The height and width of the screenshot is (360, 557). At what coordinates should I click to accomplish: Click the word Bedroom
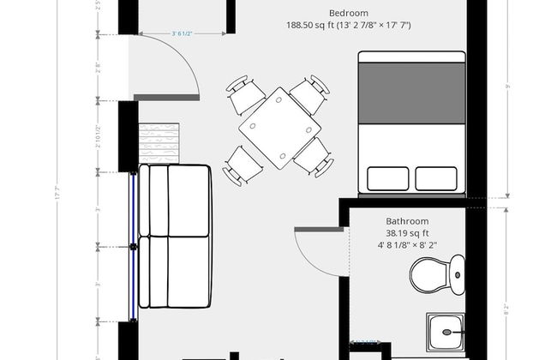tap(348, 13)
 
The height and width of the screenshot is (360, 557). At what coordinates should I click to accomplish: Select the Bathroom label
tap(406, 220)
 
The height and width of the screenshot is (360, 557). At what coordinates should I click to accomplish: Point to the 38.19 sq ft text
tap(406, 232)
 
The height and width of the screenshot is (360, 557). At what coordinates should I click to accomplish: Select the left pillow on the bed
tap(387, 178)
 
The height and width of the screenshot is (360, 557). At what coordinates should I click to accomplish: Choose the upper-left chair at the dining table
tap(243, 93)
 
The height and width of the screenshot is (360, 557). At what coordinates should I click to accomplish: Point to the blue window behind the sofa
tap(134, 246)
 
